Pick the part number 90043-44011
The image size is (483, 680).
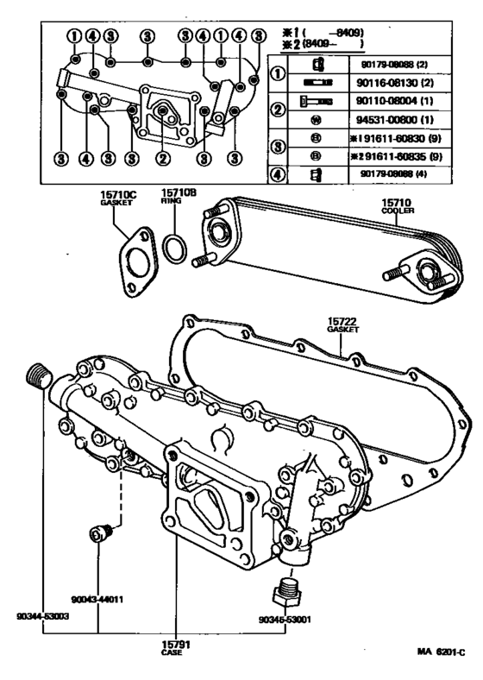(x=97, y=598)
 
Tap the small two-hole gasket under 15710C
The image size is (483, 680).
(x=131, y=255)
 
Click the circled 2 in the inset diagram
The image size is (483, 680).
(x=162, y=158)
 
